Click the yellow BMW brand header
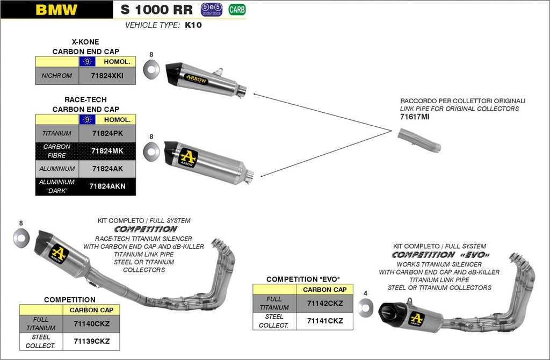coord(56,10)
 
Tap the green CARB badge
coord(235,9)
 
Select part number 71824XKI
coord(107,76)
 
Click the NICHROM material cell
coord(57,76)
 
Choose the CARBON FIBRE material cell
coord(57,151)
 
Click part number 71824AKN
coord(107,186)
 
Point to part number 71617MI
coord(415,117)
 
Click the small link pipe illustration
coord(419,140)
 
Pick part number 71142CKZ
coord(325,303)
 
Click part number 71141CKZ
coord(325,321)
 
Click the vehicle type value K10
coord(193,25)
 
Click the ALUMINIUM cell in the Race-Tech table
coord(57,169)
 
